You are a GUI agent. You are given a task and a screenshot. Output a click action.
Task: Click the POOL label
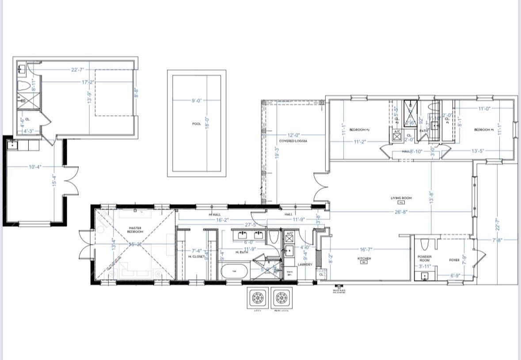coord(197,124)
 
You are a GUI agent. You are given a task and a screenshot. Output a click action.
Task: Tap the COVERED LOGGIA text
coord(293,141)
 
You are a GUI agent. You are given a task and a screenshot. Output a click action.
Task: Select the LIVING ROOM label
coord(401,198)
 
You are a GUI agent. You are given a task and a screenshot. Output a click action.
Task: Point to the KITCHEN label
coord(364,258)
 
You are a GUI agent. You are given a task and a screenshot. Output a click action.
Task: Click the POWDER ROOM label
coord(425,258)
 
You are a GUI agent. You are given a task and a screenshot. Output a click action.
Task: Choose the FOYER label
coord(454,260)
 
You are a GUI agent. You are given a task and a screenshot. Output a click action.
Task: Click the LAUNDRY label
coord(305,265)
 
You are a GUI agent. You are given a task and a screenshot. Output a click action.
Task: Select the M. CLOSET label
coord(197,257)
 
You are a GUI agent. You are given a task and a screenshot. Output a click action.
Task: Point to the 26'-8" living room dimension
coord(401,212)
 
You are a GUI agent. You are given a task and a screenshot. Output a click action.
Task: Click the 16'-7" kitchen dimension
coord(365,250)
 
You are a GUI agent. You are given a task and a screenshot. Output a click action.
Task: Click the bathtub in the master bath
coord(234,271)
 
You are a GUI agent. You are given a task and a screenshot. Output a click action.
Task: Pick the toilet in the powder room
coord(425,244)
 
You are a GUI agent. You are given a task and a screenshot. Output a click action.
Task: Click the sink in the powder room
coord(425,276)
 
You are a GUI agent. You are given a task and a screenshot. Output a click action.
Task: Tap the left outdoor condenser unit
coord(258,299)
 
